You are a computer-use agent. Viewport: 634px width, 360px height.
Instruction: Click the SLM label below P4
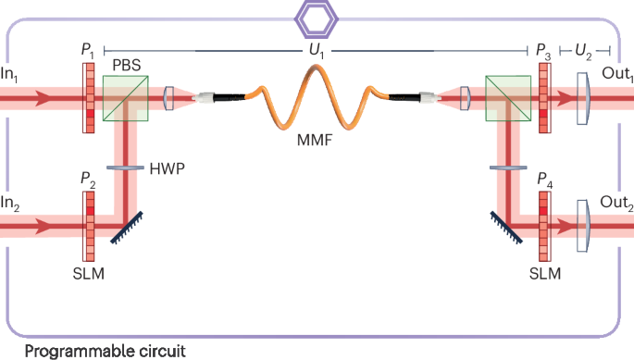tap(544, 275)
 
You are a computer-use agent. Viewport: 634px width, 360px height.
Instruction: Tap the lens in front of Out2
tap(582, 225)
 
